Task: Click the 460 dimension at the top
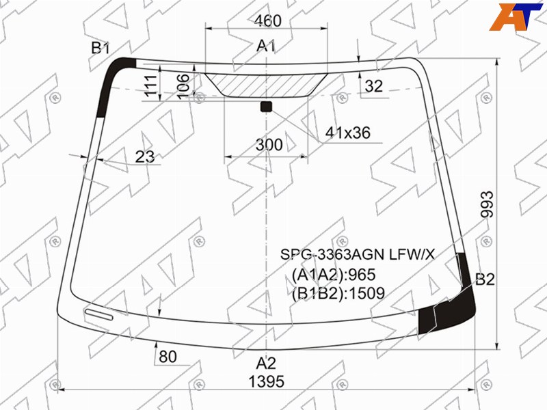click(267, 20)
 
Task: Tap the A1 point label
click(266, 46)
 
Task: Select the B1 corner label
click(101, 48)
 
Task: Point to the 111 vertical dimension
click(151, 85)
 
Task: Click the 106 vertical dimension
click(183, 86)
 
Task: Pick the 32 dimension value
click(373, 86)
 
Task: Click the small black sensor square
click(266, 107)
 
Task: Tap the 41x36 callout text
click(347, 133)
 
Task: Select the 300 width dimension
click(269, 145)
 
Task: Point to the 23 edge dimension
click(145, 156)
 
